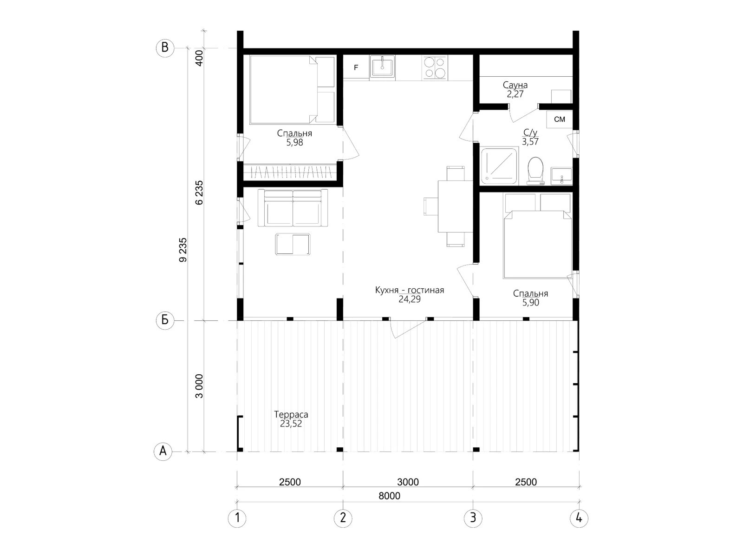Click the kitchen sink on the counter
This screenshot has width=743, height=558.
[x=382, y=67]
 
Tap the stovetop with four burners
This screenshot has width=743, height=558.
[x=435, y=67]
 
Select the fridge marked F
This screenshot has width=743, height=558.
[x=356, y=67]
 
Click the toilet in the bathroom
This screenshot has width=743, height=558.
[x=535, y=171]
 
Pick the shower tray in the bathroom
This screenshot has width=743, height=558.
[x=499, y=166]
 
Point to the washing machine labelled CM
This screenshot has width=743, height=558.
[x=559, y=119]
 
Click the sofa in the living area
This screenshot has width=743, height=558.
[x=293, y=208]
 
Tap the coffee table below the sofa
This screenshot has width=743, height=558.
[x=293, y=244]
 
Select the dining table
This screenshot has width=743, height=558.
[x=455, y=206]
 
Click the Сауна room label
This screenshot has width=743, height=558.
[x=515, y=85]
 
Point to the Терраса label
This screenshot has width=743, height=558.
[x=291, y=414]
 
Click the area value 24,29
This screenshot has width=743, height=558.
[x=409, y=299]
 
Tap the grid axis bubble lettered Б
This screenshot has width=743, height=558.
[x=165, y=320]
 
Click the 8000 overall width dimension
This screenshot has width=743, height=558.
[x=389, y=496]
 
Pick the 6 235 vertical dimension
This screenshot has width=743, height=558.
[x=199, y=193]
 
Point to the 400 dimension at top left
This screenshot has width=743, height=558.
[x=199, y=58]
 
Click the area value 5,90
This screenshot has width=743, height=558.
[x=530, y=303]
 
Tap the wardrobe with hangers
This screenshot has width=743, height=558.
[x=290, y=172]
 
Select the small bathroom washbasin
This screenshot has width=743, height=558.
[x=561, y=176]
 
